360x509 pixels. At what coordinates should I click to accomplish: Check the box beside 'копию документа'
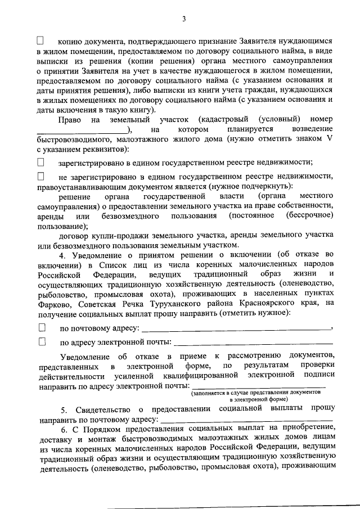[40, 41]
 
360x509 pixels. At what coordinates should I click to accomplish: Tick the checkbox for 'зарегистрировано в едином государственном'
[40, 162]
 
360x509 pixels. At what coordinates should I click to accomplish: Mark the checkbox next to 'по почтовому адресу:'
[41, 327]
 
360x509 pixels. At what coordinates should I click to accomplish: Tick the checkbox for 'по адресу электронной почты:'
[41, 341]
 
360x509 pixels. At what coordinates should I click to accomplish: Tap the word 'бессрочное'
[310, 215]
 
